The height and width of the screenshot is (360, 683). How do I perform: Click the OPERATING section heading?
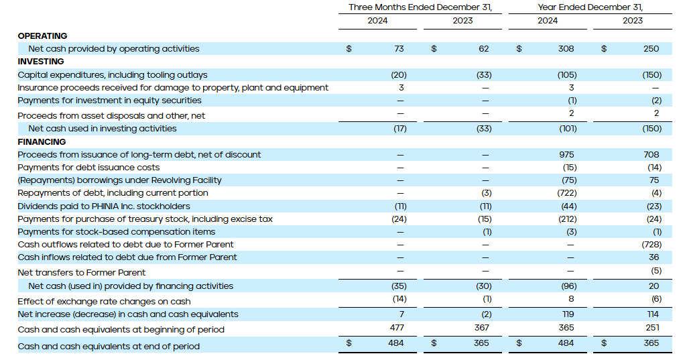click(x=42, y=36)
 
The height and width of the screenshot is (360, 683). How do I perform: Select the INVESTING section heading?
click(x=41, y=62)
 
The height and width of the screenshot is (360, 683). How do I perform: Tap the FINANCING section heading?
click(x=42, y=141)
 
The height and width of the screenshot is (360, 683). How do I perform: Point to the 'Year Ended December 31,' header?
click(x=590, y=7)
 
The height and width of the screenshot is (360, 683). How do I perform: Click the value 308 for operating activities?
click(x=566, y=49)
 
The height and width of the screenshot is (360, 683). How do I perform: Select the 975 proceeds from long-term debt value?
click(x=566, y=155)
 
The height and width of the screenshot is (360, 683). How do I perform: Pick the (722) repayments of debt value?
click(x=566, y=193)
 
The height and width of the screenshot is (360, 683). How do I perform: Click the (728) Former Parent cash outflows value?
click(x=651, y=245)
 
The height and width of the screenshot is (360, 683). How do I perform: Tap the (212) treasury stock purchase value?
click(x=566, y=219)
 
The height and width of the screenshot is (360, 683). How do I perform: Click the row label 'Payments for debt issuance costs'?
click(x=88, y=168)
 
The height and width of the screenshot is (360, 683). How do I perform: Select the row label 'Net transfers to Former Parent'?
click(x=82, y=272)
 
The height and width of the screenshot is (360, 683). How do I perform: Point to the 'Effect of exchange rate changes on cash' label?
click(x=104, y=301)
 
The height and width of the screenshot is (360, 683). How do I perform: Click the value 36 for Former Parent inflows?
click(x=654, y=257)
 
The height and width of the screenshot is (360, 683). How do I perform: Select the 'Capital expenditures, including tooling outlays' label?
click(x=113, y=75)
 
